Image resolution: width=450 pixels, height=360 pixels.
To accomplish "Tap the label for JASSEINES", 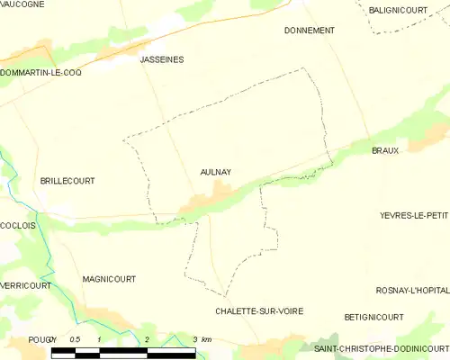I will pos(162,59).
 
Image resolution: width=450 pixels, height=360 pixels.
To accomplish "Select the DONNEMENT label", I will pos(309,31).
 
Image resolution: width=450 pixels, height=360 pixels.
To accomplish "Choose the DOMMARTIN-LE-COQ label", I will pos(41,72).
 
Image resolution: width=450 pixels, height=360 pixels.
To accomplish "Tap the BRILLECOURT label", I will pos(67,181).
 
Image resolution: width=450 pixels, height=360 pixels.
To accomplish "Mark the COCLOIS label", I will pos(18,226).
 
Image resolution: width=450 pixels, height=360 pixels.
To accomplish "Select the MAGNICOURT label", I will pos(108,279).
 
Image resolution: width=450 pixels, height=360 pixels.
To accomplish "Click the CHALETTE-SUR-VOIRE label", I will pos(259,310).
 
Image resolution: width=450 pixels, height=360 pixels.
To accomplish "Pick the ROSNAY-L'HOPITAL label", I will pos(412,290).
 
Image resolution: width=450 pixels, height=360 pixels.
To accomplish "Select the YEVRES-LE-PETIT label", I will pos(414,216).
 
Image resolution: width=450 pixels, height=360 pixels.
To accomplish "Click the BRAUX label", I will pos(384,150).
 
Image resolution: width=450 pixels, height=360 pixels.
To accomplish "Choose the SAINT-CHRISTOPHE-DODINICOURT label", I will pos(381,347).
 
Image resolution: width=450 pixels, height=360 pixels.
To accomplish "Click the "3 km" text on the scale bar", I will pos(202,338).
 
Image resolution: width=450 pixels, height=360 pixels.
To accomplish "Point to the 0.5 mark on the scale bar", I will pos(76,338).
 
